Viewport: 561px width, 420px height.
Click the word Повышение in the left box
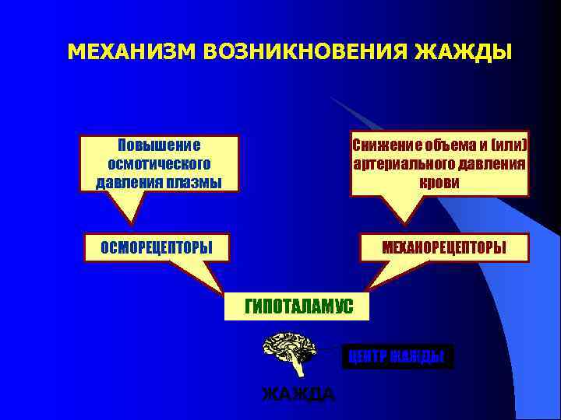(158, 145)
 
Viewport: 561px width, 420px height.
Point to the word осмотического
(158, 164)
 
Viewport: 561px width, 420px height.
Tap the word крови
(439, 183)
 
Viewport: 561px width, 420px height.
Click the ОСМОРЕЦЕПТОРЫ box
(157, 247)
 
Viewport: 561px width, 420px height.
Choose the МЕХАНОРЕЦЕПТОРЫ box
(443, 247)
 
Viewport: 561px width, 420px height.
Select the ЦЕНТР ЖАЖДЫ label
(397, 356)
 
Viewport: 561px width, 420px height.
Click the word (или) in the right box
(509, 145)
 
